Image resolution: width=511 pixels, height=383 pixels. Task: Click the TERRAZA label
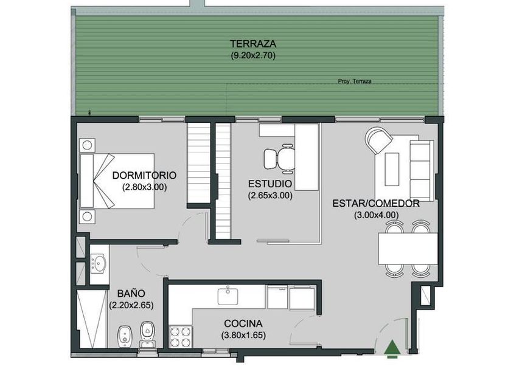tap(253, 44)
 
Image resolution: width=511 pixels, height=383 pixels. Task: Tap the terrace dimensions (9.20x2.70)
tap(253, 55)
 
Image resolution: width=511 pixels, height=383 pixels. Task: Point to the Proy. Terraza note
tap(355, 81)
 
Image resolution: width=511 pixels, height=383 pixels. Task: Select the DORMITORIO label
tap(144, 175)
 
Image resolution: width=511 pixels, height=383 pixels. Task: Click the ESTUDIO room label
tap(270, 184)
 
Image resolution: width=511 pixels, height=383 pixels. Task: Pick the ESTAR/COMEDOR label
tap(376, 204)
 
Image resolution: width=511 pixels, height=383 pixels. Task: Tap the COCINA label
tap(243, 323)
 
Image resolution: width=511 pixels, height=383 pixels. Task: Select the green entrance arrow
tap(392, 347)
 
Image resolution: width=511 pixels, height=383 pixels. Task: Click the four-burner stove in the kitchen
tap(181, 337)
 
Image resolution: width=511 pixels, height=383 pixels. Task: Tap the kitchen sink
tap(228, 295)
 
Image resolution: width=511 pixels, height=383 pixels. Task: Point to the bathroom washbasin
tap(98, 263)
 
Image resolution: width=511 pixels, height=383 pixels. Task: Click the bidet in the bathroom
tap(124, 336)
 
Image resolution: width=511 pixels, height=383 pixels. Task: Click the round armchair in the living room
tap(378, 140)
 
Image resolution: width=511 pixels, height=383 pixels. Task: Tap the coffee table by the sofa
tap(392, 170)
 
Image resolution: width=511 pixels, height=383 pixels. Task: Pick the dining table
tap(408, 249)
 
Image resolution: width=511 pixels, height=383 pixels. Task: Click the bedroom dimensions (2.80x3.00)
tap(144, 187)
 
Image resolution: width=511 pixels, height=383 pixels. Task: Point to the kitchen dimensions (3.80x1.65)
tap(243, 335)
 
